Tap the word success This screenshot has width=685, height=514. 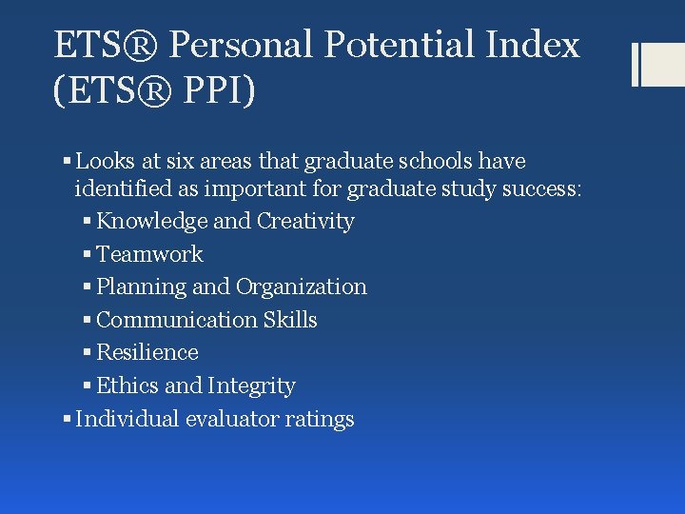[538, 188]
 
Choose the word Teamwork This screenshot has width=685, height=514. [150, 254]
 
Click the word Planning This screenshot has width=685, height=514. [142, 287]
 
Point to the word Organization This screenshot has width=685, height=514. [302, 287]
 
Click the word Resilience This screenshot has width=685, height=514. [147, 352]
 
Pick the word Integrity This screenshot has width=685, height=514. [251, 385]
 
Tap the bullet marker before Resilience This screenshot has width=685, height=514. [88, 352]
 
